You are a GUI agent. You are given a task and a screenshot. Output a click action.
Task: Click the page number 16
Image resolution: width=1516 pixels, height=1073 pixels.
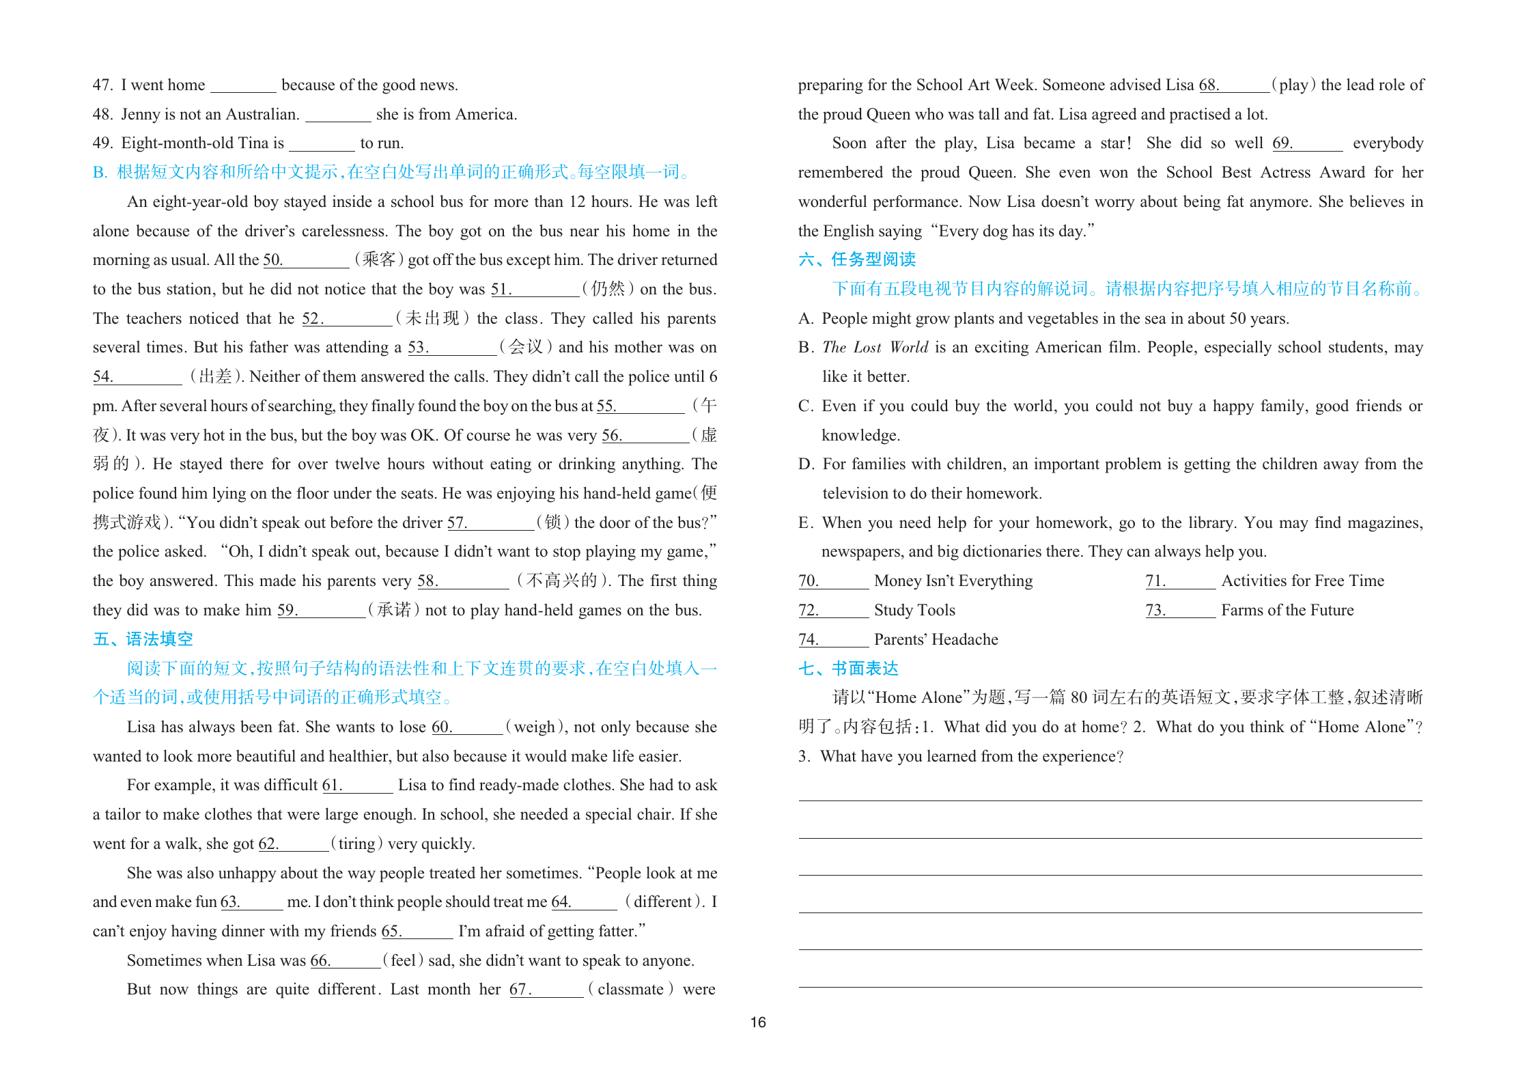tap(758, 1022)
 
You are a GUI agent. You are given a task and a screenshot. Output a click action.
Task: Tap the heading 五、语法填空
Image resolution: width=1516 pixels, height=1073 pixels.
tap(143, 639)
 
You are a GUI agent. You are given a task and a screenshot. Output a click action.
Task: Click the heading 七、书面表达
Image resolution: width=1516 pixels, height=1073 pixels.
tap(848, 669)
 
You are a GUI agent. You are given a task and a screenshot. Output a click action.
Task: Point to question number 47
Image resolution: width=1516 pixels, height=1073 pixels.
tap(102, 85)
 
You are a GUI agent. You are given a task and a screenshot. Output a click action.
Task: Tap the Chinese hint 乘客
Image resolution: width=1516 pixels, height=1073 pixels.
tap(379, 260)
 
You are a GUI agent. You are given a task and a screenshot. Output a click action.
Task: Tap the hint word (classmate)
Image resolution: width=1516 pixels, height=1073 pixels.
tap(631, 990)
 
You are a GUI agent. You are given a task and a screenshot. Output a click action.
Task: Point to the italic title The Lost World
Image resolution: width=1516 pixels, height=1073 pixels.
tap(875, 348)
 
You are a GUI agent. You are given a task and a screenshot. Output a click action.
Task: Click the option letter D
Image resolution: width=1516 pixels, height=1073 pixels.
tap(806, 464)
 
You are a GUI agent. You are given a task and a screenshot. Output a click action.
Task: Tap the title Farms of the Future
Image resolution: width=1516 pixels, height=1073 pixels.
tap(1287, 611)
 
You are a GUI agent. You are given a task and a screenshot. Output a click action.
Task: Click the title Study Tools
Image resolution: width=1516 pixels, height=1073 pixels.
tap(914, 611)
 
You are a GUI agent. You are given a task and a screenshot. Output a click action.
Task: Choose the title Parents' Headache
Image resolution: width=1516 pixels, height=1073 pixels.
tap(936, 640)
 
